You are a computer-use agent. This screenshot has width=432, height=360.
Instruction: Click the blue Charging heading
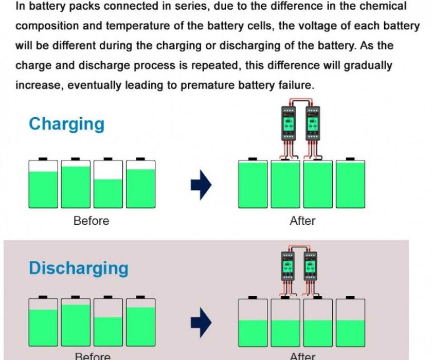[x=66, y=124]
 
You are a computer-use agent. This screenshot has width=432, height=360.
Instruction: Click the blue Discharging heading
[x=79, y=268]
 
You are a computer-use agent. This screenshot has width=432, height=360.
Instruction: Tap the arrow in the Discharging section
[x=201, y=322]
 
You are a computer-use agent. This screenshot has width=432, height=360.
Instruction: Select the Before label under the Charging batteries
[x=91, y=221]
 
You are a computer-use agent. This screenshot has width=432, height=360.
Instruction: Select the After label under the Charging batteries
[x=302, y=221]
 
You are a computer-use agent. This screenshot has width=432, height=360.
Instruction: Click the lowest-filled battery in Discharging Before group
[x=108, y=322]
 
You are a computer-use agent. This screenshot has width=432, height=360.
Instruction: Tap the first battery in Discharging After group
[x=253, y=322]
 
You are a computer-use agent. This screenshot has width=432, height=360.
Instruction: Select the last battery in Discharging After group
[x=350, y=322]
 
